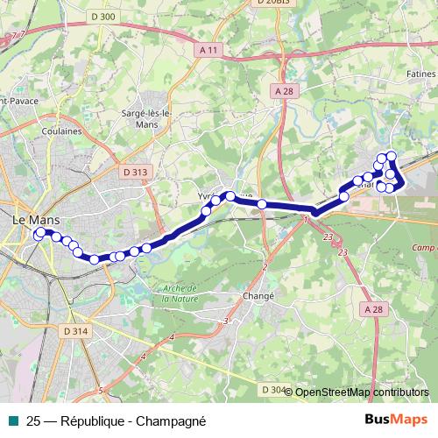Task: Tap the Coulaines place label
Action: click(x=61, y=131)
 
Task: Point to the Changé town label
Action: click(x=258, y=296)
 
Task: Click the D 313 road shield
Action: click(x=135, y=173)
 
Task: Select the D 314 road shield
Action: click(x=76, y=330)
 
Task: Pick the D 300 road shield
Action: click(x=102, y=16)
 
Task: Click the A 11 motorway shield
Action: click(x=208, y=52)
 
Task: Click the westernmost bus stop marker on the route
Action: click(x=38, y=234)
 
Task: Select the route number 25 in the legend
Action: click(x=33, y=420)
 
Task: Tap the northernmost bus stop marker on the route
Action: click(x=392, y=156)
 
